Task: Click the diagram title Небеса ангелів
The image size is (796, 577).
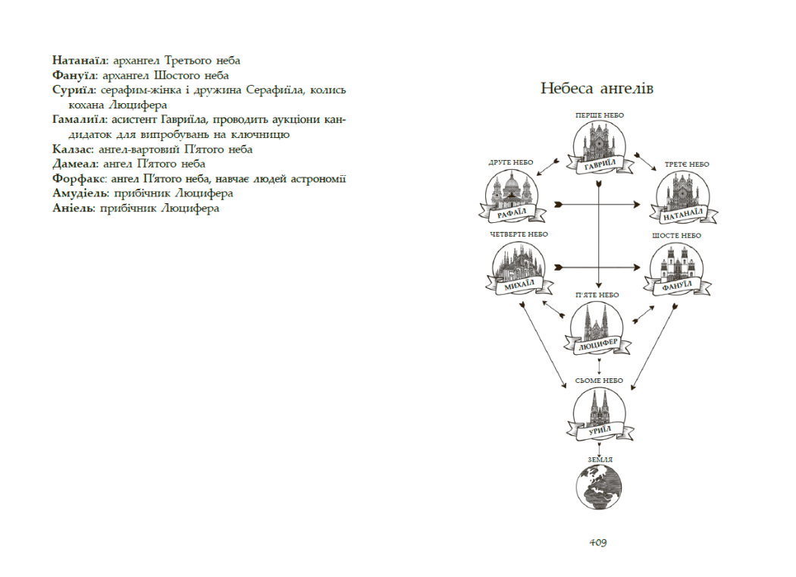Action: [x=597, y=89]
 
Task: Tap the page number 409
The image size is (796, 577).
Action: [x=598, y=542]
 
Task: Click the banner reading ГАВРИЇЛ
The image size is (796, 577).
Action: [x=599, y=165]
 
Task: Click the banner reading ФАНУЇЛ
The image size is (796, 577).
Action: [x=679, y=286]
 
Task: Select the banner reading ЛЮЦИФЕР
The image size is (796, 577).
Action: [x=599, y=346]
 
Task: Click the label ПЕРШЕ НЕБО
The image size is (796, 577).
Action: [x=599, y=115]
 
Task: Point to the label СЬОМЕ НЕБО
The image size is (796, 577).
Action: [x=599, y=381]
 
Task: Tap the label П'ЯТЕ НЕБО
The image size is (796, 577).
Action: [x=597, y=295]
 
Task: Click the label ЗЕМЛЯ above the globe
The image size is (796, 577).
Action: [x=599, y=459]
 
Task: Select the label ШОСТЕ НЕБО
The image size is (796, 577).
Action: [x=676, y=236]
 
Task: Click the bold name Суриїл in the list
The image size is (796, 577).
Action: [x=74, y=90]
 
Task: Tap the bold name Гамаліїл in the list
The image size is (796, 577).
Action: [x=80, y=120]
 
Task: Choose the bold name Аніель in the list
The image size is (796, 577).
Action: [x=72, y=209]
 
